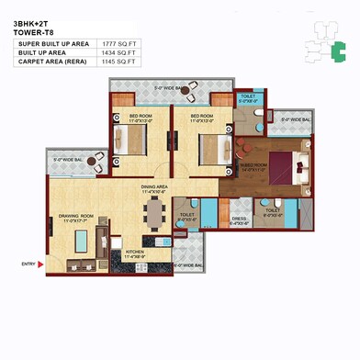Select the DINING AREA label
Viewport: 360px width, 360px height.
153,187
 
